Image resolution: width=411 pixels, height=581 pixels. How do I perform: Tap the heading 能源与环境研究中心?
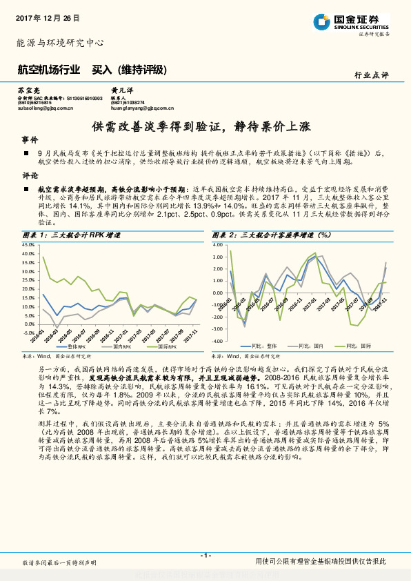(x=60, y=43)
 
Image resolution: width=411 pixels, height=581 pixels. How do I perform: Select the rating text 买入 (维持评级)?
(x=130, y=69)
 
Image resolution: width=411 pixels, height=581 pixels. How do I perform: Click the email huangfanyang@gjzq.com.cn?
(x=142, y=108)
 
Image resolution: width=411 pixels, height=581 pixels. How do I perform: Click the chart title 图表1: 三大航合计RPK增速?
(x=72, y=236)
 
